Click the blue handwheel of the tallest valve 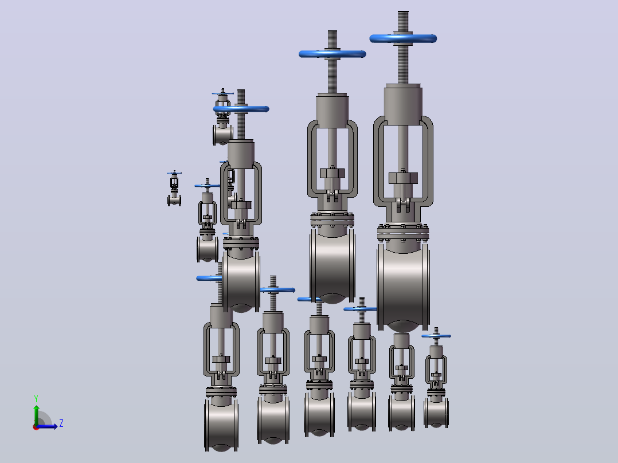pos(403,38)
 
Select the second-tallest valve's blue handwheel pos(333,54)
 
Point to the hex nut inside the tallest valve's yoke pos(403,178)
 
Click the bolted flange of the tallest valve pos(403,233)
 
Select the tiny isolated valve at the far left pos(174,189)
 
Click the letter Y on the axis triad pos(36,398)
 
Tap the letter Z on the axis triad pos(61,423)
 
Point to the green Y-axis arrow pos(36,415)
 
